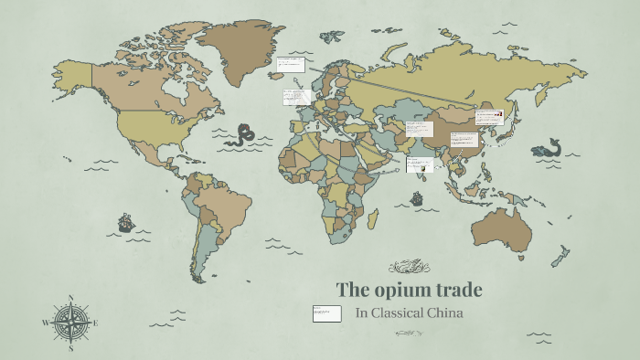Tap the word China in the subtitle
click(x=442, y=313)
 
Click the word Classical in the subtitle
click(x=394, y=313)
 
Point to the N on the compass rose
click(x=71, y=298)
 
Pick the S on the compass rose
click(x=71, y=348)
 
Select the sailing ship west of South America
click(x=125, y=222)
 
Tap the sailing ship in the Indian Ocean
click(x=417, y=198)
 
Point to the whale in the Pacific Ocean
click(x=549, y=148)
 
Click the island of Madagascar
click(x=372, y=217)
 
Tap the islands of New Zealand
click(x=560, y=256)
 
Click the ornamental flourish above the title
click(x=409, y=267)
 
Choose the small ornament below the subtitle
click(x=410, y=334)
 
